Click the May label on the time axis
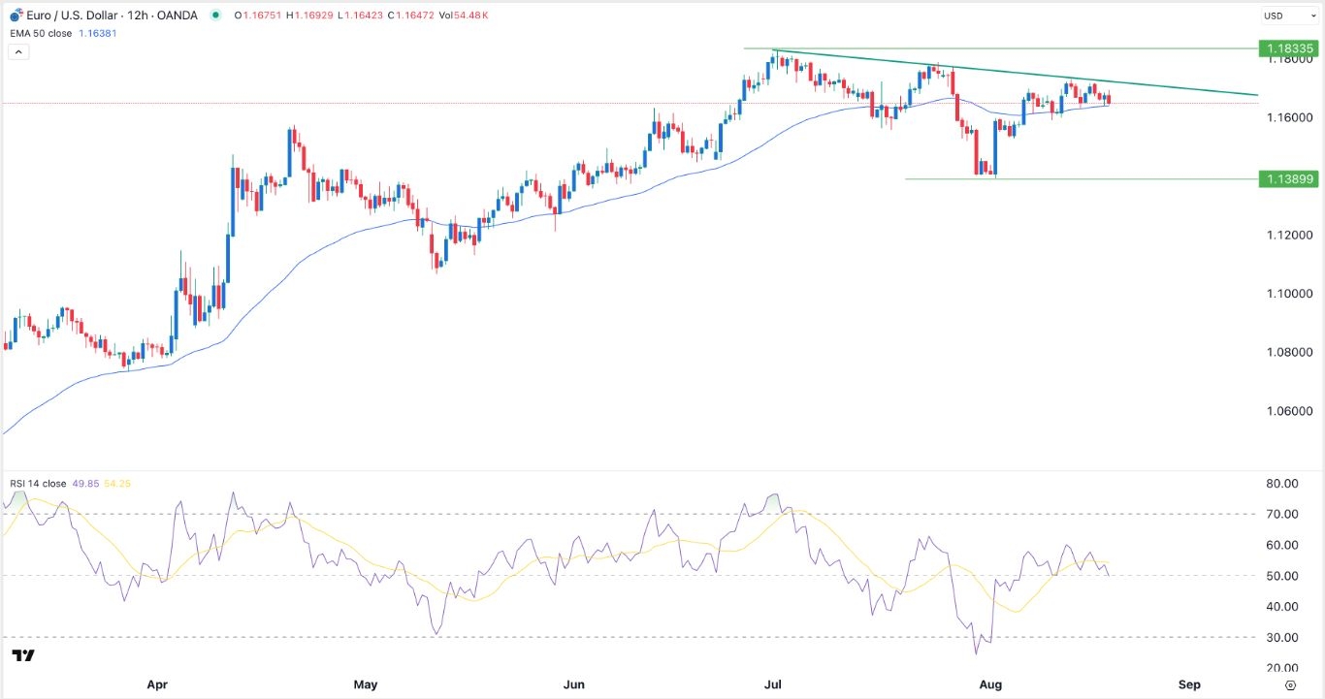pyautogui.click(x=366, y=684)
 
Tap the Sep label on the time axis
pyautogui.click(x=1190, y=684)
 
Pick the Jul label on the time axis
pyautogui.click(x=774, y=684)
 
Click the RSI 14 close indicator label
pyautogui.click(x=38, y=484)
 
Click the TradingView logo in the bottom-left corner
pyautogui.click(x=24, y=656)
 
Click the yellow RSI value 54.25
pyautogui.click(x=121, y=484)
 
